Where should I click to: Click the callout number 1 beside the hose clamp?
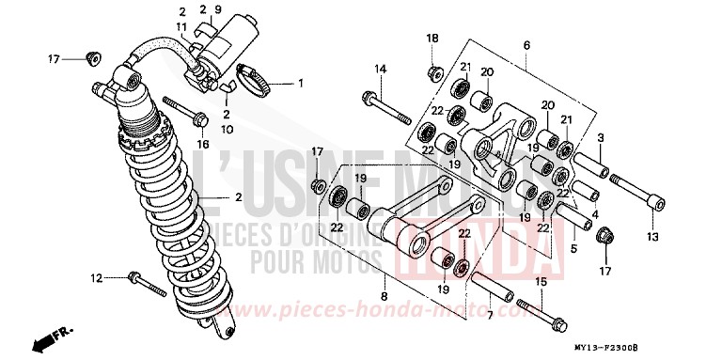(301, 83)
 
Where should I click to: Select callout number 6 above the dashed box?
(526, 45)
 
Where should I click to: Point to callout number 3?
(599, 137)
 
